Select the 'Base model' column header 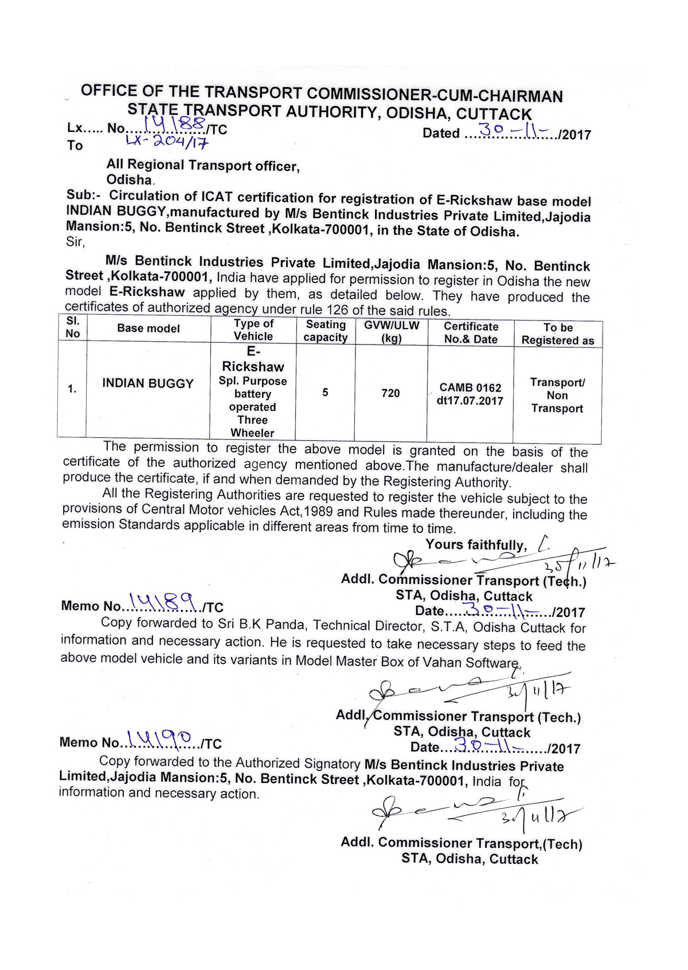(x=148, y=328)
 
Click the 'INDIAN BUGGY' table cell (x=148, y=384)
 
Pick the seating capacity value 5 (x=325, y=393)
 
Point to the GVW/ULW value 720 (x=390, y=393)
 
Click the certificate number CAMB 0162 (x=470, y=388)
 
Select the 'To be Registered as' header (x=558, y=334)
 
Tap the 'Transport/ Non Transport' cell (x=557, y=396)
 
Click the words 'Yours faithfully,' (x=476, y=545)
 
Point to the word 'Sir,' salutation (x=75, y=241)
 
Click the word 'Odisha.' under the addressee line (x=130, y=179)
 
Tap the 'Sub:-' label (x=83, y=195)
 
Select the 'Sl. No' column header (x=73, y=327)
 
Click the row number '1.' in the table (x=72, y=389)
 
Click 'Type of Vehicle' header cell (x=253, y=330)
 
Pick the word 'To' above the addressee (x=75, y=146)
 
